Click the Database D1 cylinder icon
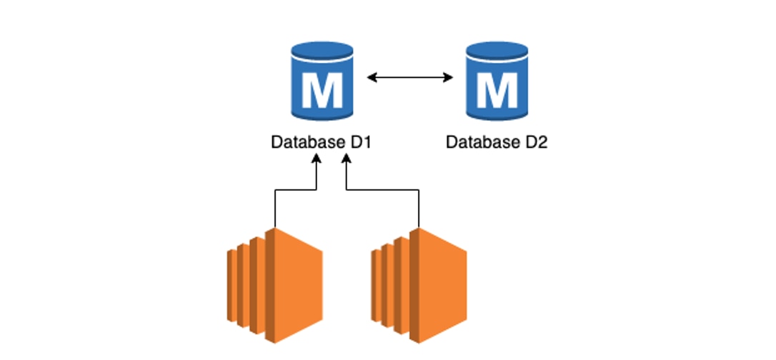point(322,82)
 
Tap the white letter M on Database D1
point(322,89)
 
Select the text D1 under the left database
point(360,142)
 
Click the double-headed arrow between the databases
point(410,77)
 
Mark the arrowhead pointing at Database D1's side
point(371,77)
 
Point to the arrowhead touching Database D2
point(449,77)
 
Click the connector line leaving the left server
point(275,207)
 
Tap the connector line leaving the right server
point(419,207)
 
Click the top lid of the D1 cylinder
point(322,52)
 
